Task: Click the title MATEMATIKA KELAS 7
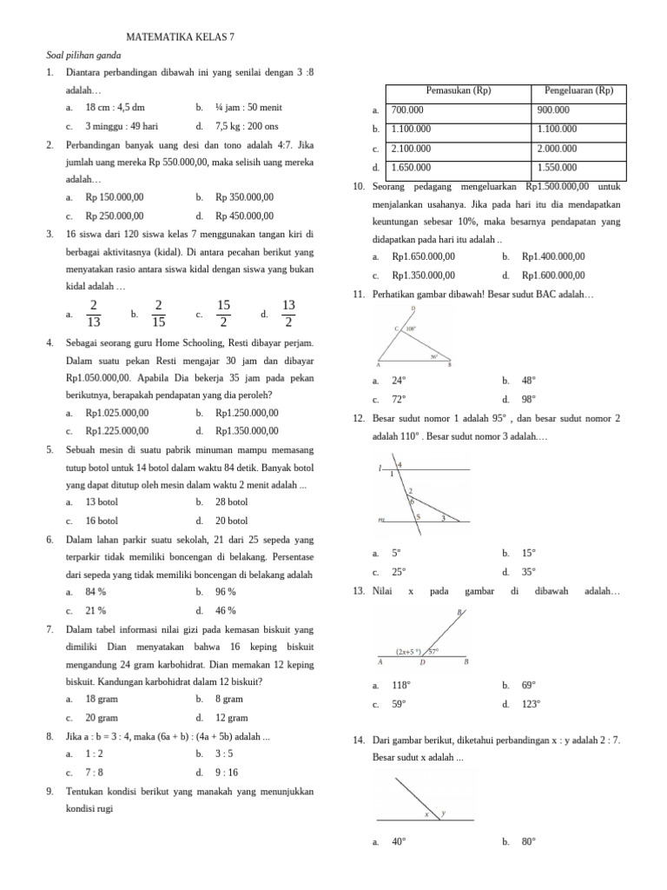(x=181, y=38)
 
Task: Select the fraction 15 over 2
(x=223, y=314)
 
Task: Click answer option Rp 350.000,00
(x=244, y=197)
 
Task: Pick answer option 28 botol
(x=231, y=502)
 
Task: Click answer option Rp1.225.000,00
(x=117, y=430)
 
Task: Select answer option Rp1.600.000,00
(x=553, y=276)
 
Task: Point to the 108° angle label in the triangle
(x=410, y=329)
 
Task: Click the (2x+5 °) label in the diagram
(x=407, y=650)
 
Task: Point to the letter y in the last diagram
(x=442, y=814)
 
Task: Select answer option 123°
(x=530, y=704)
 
